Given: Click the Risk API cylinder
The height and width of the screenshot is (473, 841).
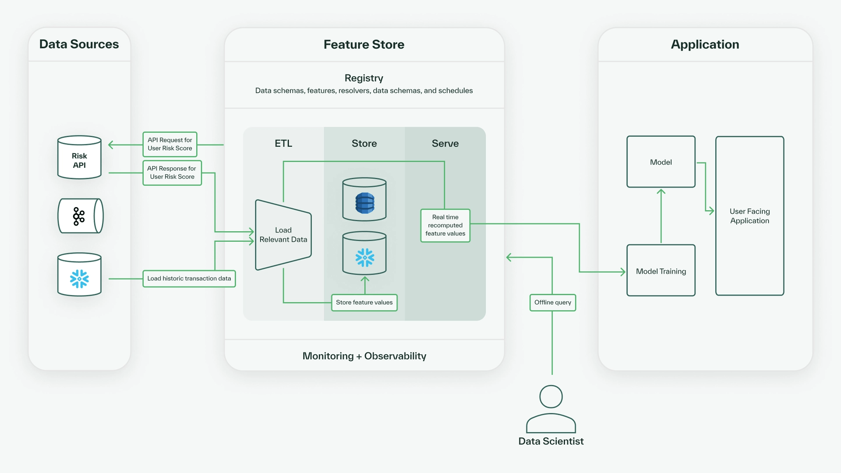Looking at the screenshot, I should pos(79,158).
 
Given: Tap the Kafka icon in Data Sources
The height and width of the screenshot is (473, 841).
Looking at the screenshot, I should pos(79,216).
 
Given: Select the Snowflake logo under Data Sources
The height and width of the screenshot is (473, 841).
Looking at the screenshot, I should pos(79,279).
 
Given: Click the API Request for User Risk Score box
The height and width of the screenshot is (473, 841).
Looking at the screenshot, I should pos(170,144).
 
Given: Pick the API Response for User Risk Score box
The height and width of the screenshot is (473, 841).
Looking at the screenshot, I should pos(172,173).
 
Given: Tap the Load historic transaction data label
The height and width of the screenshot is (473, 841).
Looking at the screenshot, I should pos(189,279).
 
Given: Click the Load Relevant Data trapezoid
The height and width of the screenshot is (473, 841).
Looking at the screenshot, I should pos(283,235).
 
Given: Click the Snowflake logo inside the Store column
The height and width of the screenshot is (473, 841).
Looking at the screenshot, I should pos(364,258).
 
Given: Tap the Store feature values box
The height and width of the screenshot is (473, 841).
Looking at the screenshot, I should pos(364,303).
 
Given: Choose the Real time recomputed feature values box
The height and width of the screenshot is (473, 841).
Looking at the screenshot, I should pos(445,226).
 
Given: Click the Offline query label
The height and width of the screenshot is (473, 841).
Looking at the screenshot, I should pos(552,303).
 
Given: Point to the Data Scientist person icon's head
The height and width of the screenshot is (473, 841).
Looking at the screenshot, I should pos(551,397).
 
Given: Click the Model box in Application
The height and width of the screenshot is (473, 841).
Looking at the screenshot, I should pos(661,162).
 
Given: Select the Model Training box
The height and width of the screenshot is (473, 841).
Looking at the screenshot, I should pos(661,271).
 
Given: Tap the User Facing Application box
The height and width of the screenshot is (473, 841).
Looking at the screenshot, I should pos(749,216).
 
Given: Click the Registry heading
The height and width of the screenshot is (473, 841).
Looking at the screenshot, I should pos(364,78).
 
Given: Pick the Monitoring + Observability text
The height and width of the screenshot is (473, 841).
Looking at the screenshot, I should pos(364,356).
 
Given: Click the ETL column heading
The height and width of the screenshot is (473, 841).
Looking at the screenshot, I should pos(283,144).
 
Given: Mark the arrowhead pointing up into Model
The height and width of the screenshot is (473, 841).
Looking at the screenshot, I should pos(661,191).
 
